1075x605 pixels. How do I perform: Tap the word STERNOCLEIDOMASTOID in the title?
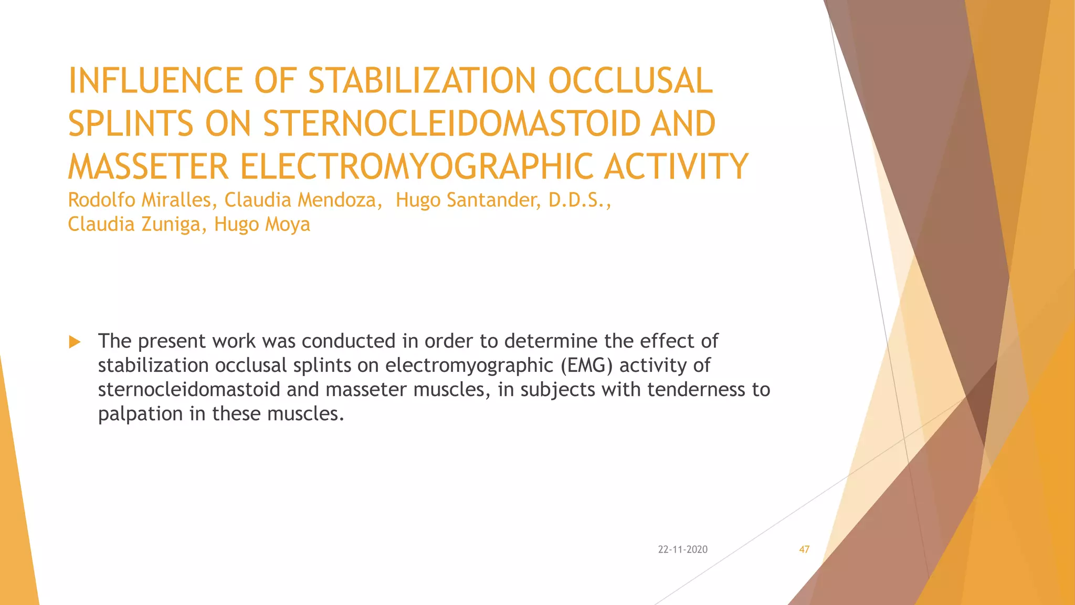coord(451,124)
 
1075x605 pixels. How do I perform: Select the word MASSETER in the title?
coord(148,167)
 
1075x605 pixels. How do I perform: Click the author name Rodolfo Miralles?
coord(139,200)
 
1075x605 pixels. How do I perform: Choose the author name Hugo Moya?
coord(262,224)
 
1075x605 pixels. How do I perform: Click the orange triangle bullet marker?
coord(75,342)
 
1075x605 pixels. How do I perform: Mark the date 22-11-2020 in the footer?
coord(682,549)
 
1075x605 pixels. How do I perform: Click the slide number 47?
coord(804,549)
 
